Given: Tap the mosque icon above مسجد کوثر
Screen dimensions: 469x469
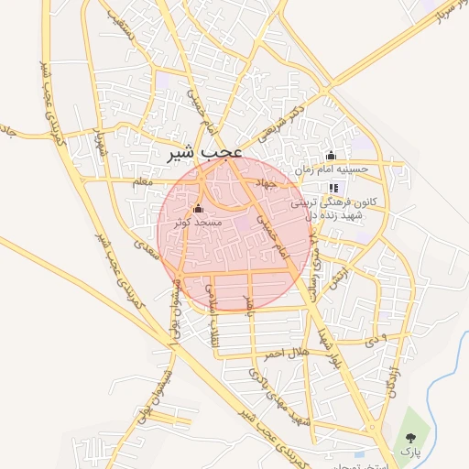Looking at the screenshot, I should point(199,208).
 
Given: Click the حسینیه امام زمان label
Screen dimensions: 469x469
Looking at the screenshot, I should point(331,169).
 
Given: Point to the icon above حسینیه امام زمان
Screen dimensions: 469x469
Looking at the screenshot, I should point(331,154).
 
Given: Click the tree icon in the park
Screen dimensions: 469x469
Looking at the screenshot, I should point(408,438).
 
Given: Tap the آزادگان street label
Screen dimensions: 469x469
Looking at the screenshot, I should point(392,376).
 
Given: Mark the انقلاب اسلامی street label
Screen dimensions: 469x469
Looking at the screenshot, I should point(211,298).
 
